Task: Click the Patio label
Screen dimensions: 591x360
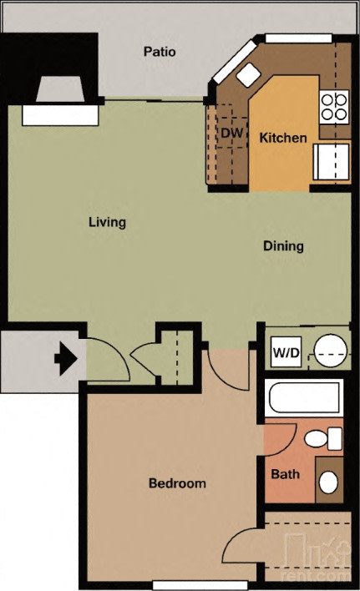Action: click(x=159, y=52)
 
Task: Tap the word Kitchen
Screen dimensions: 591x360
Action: click(x=282, y=138)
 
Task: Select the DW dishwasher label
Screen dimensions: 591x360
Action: click(x=231, y=133)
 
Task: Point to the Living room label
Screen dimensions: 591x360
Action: click(x=107, y=223)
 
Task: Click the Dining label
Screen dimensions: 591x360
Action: click(x=283, y=246)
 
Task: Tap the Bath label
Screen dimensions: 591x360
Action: click(x=285, y=475)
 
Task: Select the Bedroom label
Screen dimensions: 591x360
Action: click(x=177, y=483)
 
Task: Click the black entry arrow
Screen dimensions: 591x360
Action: click(x=66, y=359)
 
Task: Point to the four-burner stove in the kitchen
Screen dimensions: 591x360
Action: click(x=334, y=106)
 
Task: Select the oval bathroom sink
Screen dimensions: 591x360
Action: click(x=329, y=482)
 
